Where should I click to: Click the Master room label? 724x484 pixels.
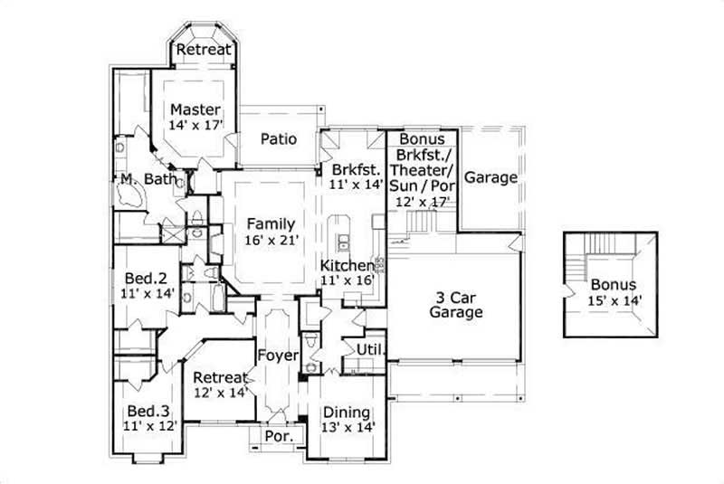coord(195,109)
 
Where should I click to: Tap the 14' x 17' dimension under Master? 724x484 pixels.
coord(195,126)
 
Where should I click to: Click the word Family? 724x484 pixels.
coord(270,224)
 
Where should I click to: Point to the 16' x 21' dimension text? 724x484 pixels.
coord(270,241)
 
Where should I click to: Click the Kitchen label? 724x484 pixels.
coord(346,265)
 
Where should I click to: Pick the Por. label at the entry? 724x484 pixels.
coord(276,437)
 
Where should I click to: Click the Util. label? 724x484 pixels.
coord(373,349)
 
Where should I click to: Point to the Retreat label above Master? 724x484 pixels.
coord(203,50)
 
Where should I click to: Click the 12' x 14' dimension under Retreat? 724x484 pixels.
coord(219,394)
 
